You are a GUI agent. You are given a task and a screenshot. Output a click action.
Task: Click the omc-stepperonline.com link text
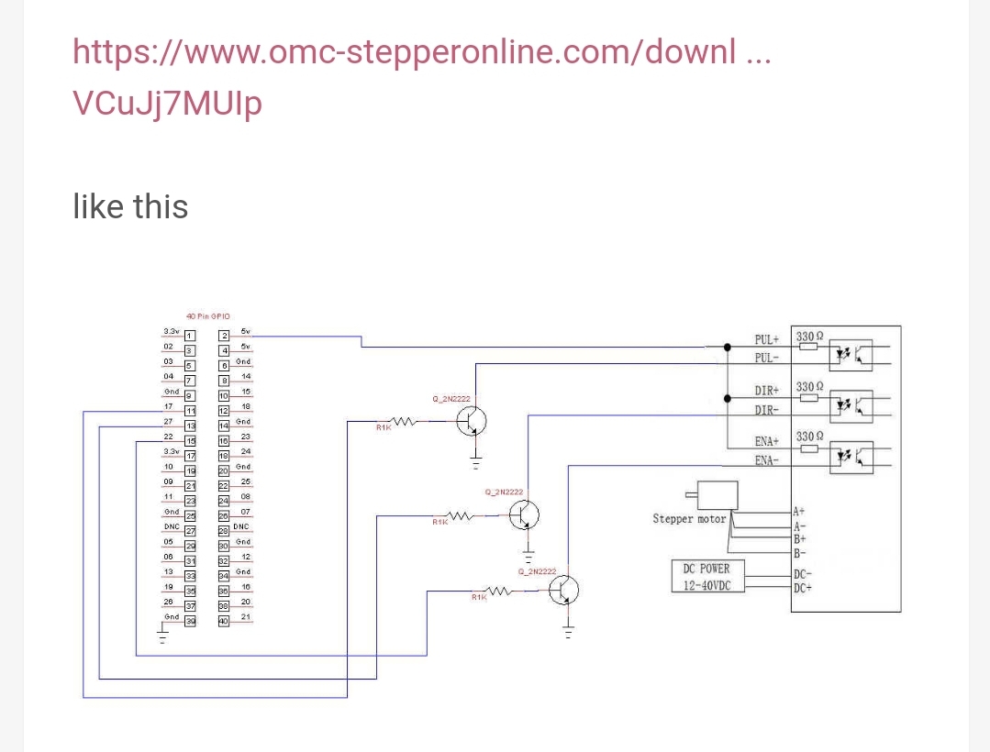tap(421, 52)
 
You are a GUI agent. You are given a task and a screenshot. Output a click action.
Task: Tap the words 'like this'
tap(130, 206)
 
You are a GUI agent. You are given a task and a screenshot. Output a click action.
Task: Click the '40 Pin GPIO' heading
tap(207, 315)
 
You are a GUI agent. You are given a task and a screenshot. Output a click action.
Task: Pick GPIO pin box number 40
tap(223, 621)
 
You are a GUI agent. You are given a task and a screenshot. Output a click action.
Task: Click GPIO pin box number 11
tap(190, 410)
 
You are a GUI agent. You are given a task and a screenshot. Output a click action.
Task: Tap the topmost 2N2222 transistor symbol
tap(472, 421)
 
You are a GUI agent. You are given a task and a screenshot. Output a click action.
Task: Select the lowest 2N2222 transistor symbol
tap(563, 592)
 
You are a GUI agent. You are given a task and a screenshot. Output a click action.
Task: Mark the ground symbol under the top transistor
tap(475, 459)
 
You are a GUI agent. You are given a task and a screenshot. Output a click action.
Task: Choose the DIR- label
tap(766, 410)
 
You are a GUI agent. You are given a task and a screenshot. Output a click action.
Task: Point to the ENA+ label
tap(766, 442)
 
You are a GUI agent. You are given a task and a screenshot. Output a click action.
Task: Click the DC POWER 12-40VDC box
tap(706, 577)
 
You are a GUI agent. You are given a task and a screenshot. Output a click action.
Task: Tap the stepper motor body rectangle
tap(717, 495)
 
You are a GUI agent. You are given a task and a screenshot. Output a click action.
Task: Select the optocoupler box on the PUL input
tap(850, 353)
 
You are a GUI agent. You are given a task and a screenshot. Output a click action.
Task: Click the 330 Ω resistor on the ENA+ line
tap(808, 449)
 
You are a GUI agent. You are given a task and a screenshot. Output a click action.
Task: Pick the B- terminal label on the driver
tap(800, 552)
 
